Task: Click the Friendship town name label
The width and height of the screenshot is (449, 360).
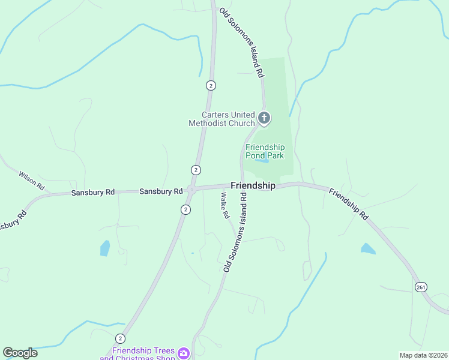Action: pos(253,186)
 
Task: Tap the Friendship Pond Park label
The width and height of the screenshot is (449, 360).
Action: pos(265,151)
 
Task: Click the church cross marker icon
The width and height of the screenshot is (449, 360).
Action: pos(264,118)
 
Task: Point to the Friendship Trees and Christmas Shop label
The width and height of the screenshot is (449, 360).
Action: pos(143,354)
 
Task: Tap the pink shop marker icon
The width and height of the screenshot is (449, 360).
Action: pos(183,353)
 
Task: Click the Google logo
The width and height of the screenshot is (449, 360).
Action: pos(20,353)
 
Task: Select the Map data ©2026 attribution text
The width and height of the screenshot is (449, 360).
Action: pos(423,355)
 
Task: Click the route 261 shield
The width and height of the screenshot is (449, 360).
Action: pos(421,288)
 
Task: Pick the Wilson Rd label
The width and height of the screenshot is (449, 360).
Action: pos(32,181)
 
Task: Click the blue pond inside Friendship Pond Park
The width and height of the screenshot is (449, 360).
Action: pos(261,161)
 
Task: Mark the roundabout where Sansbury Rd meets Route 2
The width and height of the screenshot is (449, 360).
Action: pos(191,190)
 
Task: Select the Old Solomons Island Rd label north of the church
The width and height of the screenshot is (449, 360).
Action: pos(242,43)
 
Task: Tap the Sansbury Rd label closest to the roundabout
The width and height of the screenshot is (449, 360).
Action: pos(161,191)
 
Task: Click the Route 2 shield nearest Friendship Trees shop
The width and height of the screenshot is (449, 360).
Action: pos(121,338)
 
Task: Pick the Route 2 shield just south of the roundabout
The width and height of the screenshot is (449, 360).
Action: pos(186,209)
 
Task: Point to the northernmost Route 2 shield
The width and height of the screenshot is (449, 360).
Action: pos(211,85)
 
